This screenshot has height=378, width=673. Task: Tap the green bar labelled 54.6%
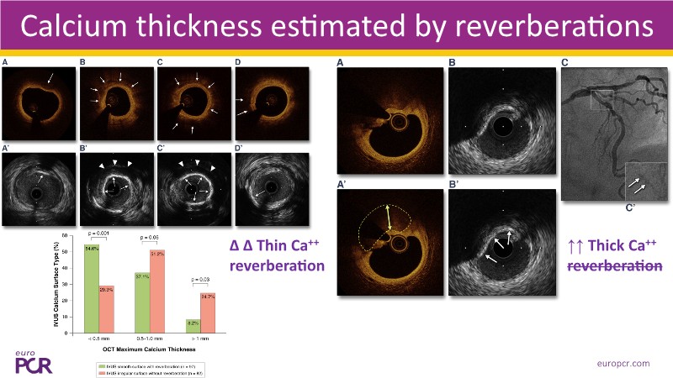[92, 286]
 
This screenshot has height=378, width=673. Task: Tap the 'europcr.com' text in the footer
[620, 363]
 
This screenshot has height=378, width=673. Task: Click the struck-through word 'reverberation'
[612, 265]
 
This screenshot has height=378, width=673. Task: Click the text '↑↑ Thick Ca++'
[612, 246]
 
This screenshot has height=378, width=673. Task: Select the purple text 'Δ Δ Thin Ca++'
[277, 246]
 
